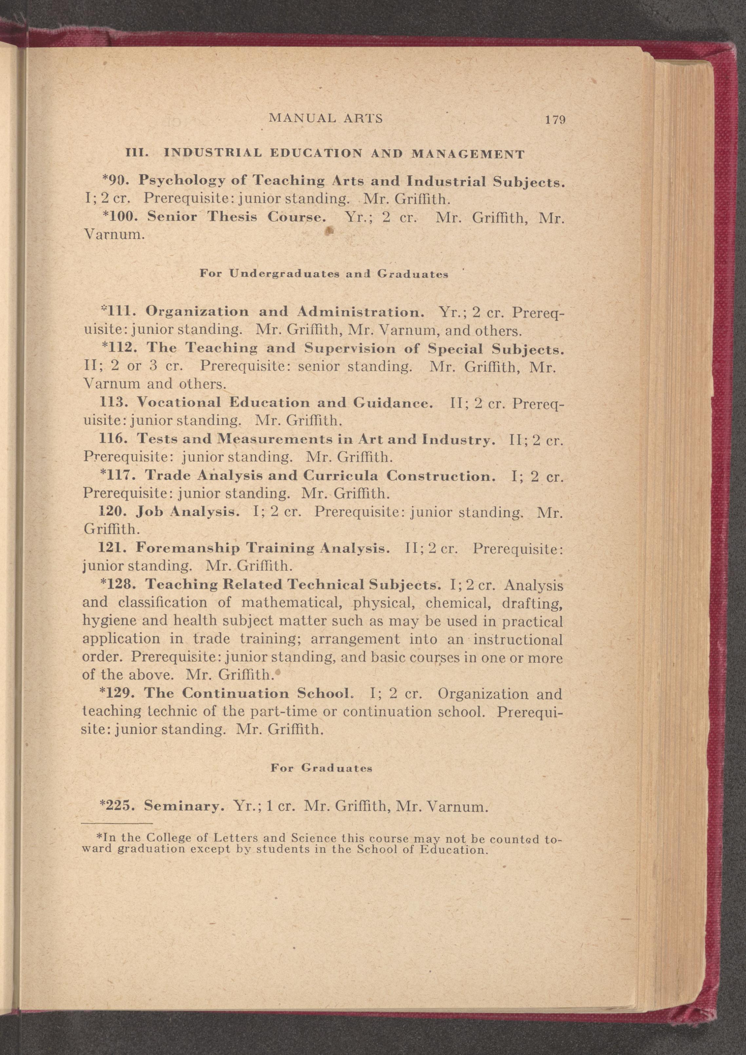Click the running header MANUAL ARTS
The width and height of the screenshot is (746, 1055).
(x=326, y=118)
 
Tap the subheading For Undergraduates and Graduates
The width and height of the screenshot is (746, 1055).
(x=324, y=274)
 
